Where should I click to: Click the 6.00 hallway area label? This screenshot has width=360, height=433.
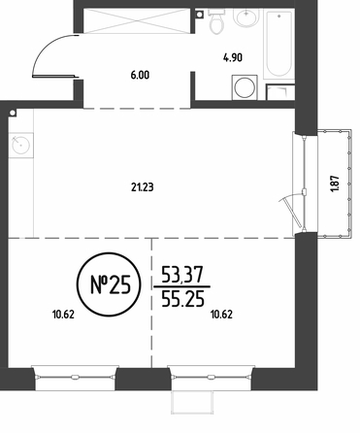point(140,76)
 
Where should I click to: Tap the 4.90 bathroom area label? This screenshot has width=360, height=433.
point(233,58)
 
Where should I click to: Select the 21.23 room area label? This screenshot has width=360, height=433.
point(143,187)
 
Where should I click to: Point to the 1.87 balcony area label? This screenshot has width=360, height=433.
point(335,183)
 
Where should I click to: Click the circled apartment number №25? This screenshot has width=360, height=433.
point(109,284)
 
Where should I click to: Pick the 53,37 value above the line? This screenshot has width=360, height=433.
point(182,275)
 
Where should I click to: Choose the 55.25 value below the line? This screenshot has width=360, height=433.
point(182,298)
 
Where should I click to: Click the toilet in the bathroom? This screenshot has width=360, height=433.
point(216,21)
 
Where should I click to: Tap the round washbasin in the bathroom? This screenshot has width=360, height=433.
point(246,17)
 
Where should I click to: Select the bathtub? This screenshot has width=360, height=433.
point(279,44)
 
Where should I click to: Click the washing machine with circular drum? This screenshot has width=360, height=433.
point(245,87)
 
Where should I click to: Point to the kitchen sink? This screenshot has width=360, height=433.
point(21,146)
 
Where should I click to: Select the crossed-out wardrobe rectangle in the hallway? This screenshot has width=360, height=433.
point(137,21)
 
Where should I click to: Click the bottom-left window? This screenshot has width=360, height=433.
point(75,377)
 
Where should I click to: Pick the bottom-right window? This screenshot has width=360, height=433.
point(212,377)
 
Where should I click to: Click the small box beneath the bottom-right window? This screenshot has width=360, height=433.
point(192,402)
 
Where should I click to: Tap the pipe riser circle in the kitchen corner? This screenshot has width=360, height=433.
point(13,113)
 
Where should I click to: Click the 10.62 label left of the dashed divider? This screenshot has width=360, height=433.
point(63,315)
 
